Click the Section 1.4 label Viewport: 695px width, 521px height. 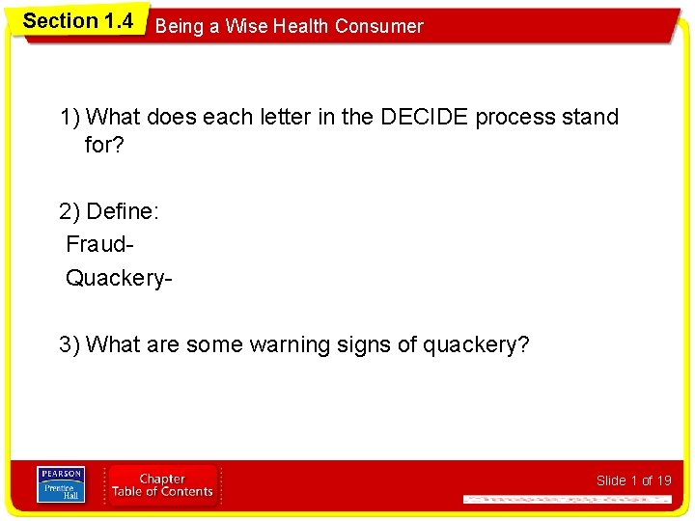click(77, 20)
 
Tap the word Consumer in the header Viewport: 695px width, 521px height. click(378, 26)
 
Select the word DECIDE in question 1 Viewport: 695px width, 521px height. click(422, 117)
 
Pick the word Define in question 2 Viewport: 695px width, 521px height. click(123, 211)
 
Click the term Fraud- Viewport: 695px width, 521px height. click(97, 245)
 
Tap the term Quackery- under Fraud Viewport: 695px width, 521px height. click(119, 279)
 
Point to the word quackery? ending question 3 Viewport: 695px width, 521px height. click(476, 344)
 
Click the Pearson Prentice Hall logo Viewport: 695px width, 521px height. click(61, 484)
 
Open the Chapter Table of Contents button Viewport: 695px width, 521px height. click(162, 485)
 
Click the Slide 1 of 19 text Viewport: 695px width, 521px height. click(633, 480)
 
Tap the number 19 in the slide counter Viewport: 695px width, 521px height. click(663, 480)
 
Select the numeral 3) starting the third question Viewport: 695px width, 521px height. click(69, 344)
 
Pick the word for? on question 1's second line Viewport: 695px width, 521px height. click(106, 145)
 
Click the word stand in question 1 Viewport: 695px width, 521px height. click(590, 117)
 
